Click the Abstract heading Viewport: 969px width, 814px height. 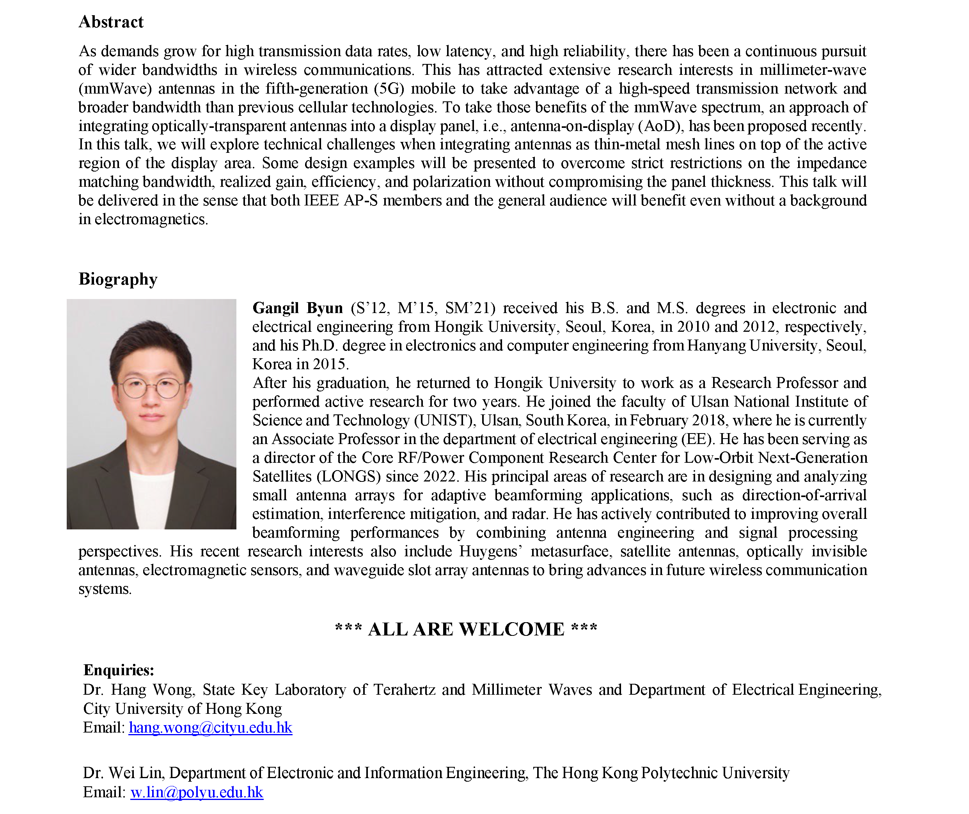click(111, 22)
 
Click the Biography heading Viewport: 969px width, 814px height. click(118, 279)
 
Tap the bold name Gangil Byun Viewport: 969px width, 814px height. click(297, 308)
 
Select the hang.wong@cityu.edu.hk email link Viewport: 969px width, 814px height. click(211, 728)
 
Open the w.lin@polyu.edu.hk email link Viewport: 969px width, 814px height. click(197, 792)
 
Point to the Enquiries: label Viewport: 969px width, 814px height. click(119, 670)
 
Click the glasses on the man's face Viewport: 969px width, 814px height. click(151, 388)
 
